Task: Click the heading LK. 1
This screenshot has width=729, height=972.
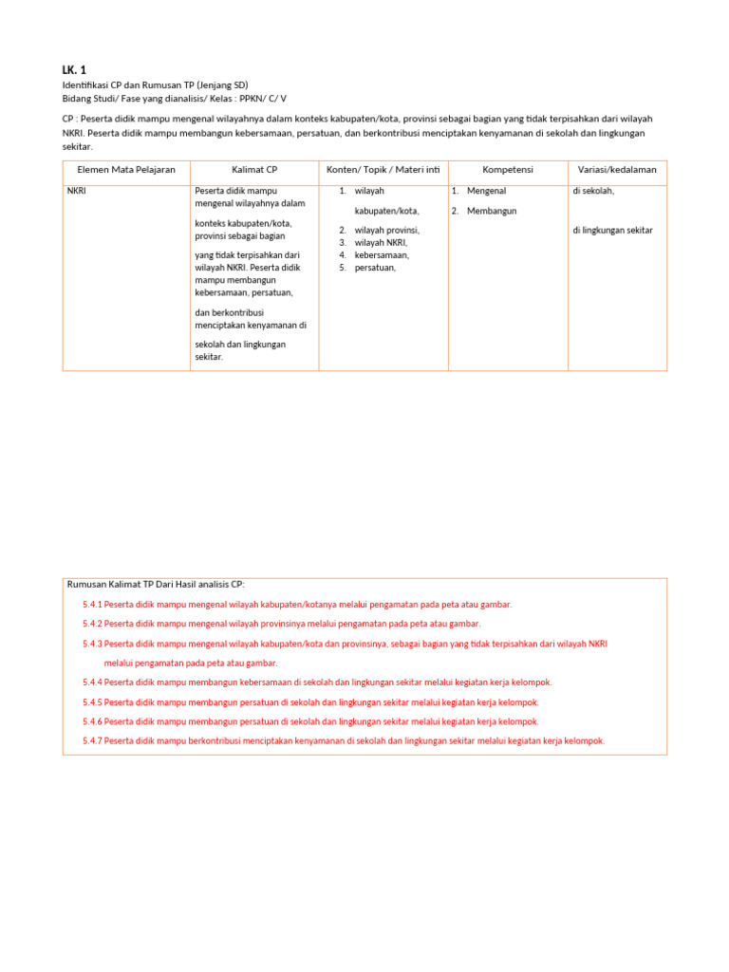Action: [x=74, y=70]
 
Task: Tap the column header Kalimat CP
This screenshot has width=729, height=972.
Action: [x=254, y=170]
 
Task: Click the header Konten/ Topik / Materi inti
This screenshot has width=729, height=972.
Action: [x=383, y=170]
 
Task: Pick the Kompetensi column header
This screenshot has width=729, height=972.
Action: [x=507, y=170]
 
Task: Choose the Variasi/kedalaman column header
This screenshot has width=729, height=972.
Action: [x=617, y=170]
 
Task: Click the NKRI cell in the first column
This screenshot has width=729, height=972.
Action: [x=77, y=191]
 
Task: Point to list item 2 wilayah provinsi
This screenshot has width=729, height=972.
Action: [x=386, y=231]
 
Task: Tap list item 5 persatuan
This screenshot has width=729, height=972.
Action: [x=375, y=268]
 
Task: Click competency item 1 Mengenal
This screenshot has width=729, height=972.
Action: [x=486, y=191]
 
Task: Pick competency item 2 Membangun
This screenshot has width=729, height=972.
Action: [x=491, y=211]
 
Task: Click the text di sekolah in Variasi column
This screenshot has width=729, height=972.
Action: [x=593, y=191]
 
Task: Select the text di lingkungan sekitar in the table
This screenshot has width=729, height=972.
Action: [x=612, y=231]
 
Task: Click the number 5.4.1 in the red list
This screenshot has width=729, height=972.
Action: [x=92, y=605]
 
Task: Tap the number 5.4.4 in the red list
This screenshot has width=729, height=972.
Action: [x=92, y=682]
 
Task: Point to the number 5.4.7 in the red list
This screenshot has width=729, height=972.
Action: [x=92, y=741]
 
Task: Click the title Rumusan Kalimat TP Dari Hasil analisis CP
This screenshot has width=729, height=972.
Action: [x=156, y=585]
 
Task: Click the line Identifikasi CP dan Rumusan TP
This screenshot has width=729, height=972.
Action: [x=155, y=85]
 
